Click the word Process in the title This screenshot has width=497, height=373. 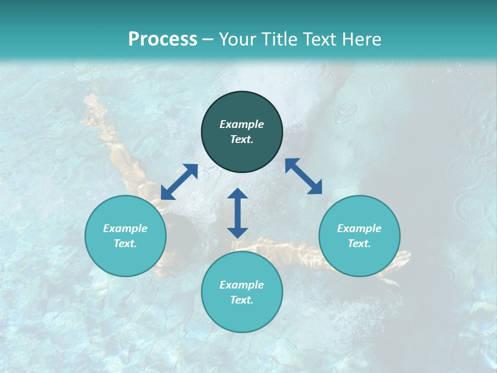point(163,39)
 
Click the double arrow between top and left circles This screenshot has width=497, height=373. point(179,182)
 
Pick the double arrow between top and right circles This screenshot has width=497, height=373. point(303,176)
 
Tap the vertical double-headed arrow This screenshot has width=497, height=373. point(238,213)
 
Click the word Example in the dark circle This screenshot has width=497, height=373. point(242,124)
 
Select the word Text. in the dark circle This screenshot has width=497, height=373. point(242,139)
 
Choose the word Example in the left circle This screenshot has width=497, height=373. point(125,228)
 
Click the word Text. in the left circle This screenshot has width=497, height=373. point(125,243)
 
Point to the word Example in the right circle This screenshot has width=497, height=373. point(359,228)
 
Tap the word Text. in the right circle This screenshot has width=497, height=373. point(359,243)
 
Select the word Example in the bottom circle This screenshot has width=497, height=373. point(242,285)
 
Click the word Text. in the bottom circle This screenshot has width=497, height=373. point(242,300)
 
